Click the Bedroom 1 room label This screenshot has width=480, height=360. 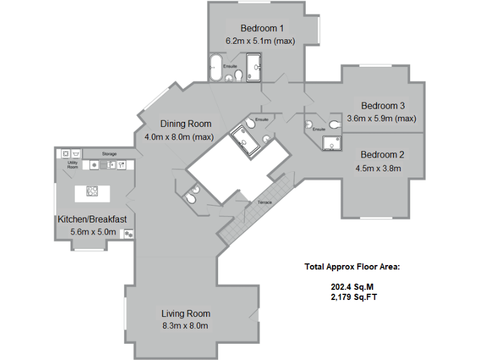(262, 28)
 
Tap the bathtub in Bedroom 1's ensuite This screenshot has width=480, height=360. (215, 67)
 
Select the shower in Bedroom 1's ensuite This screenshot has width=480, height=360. (255, 67)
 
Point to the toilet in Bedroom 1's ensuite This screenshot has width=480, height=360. (238, 76)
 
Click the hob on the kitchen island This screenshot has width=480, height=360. (92, 192)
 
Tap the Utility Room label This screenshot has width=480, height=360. (72, 165)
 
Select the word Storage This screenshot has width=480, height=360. (109, 154)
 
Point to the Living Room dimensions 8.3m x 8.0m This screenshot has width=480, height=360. (186, 326)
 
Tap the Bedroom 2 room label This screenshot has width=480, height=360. (382, 155)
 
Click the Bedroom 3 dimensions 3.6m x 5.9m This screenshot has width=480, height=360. (381, 118)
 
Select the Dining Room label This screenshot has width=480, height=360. (186, 124)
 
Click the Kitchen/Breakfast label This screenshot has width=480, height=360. (92, 219)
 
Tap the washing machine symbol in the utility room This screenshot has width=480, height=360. (65, 152)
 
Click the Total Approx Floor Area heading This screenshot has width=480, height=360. (351, 267)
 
